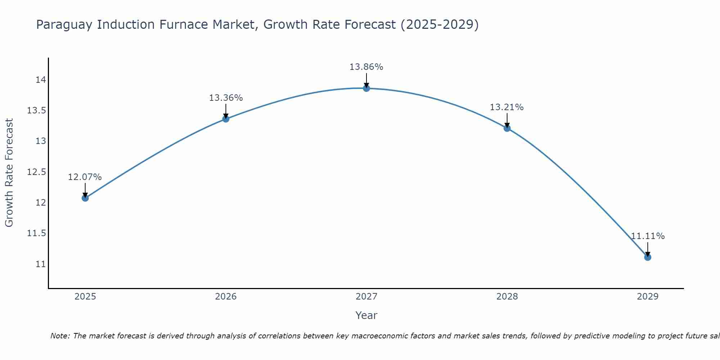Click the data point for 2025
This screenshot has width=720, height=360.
pyautogui.click(x=85, y=198)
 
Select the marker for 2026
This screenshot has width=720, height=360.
pyautogui.click(x=226, y=119)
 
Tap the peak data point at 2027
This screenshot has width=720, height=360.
pyautogui.click(x=366, y=88)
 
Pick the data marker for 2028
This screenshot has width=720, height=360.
pyautogui.click(x=507, y=128)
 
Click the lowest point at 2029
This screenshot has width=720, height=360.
pyautogui.click(x=647, y=257)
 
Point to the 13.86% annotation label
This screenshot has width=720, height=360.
pyautogui.click(x=366, y=67)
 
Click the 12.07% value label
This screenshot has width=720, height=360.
pyautogui.click(x=85, y=177)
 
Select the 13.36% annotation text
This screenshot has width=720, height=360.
pyautogui.click(x=226, y=98)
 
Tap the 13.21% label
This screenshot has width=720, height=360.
pyautogui.click(x=507, y=107)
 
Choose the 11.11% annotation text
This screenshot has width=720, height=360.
pyautogui.click(x=647, y=236)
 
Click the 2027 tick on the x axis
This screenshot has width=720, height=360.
pyautogui.click(x=366, y=297)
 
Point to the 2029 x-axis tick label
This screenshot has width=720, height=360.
pyautogui.click(x=647, y=297)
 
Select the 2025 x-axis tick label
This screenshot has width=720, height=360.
pyautogui.click(x=85, y=297)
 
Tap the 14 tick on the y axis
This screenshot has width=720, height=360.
pyautogui.click(x=41, y=80)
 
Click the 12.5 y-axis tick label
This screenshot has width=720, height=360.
pyautogui.click(x=37, y=172)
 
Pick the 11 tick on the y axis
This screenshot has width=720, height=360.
pyautogui.click(x=41, y=264)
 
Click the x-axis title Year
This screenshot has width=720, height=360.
pyautogui.click(x=366, y=315)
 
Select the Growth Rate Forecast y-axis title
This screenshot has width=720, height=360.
pyautogui.click(x=9, y=173)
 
